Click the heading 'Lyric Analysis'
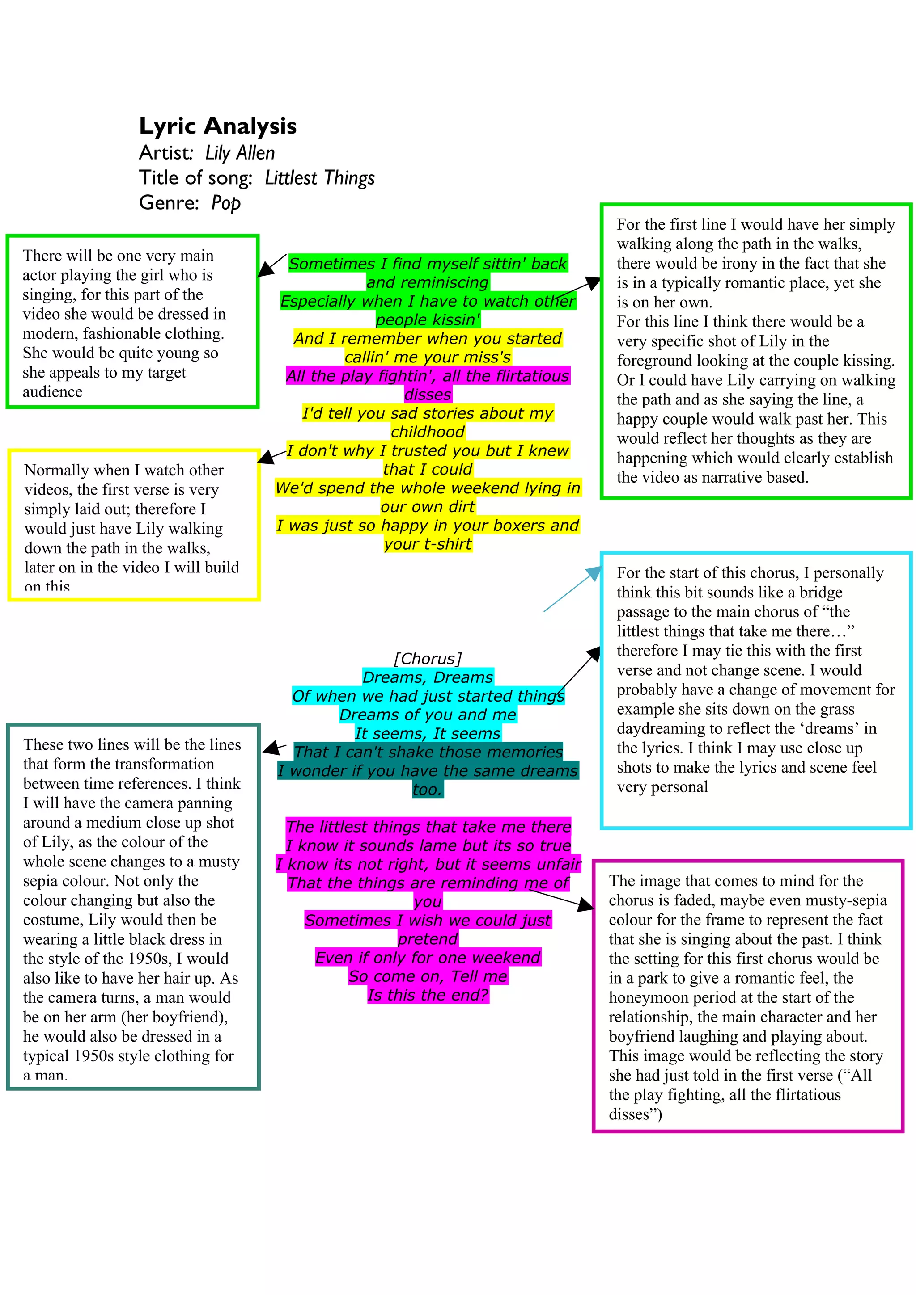click(x=217, y=126)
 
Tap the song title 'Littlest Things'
click(x=319, y=178)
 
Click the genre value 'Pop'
click(x=226, y=202)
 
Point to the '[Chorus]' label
click(x=427, y=658)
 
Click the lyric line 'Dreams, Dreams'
click(x=427, y=677)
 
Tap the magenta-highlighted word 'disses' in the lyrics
click(x=427, y=394)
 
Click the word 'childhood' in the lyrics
click(x=427, y=432)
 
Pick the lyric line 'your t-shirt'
click(x=427, y=544)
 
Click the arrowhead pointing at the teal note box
click(x=272, y=748)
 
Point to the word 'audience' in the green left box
click(x=52, y=391)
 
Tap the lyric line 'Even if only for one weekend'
click(x=427, y=957)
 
